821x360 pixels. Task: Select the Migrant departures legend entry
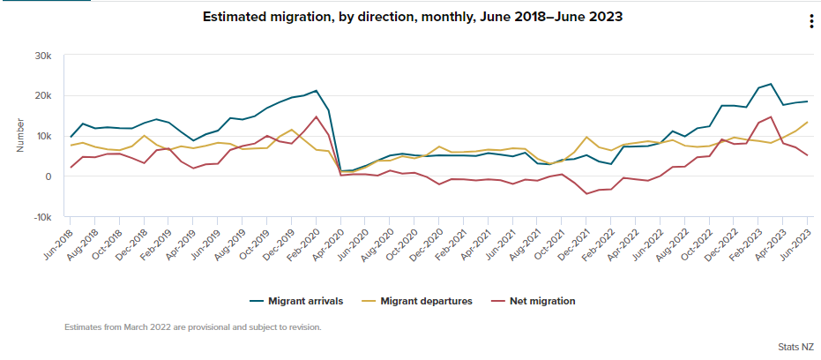pos(418,301)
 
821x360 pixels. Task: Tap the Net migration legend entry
pos(534,301)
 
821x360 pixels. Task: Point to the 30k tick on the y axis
pos(42,56)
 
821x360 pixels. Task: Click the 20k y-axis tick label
pos(42,96)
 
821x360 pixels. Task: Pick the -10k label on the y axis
pos(41,217)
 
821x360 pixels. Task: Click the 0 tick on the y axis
pos(49,176)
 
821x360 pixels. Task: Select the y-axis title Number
pos(19,136)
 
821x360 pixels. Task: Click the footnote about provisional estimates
pos(192,327)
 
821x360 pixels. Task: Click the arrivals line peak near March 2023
pos(771,84)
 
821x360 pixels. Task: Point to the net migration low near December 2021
pos(587,194)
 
